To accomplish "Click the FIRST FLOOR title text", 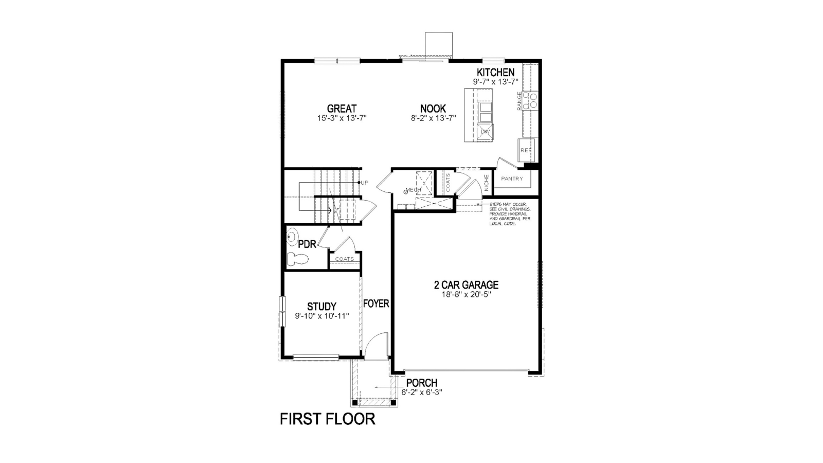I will coord(327,419).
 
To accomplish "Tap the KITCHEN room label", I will coord(495,73).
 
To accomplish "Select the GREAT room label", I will coord(342,109).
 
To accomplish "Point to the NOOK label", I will coord(433,109).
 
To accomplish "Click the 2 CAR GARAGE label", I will coord(466,285).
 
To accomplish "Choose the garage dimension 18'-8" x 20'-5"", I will coord(466,295).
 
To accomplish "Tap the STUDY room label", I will coord(322,307).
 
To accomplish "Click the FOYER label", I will coord(376,304).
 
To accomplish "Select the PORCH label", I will coord(422,383).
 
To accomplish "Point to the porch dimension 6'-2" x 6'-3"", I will coord(422,393).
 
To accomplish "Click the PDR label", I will coord(307,244).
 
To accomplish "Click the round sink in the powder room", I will coord(292,237).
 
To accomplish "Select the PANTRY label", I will coord(512,179).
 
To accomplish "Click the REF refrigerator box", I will coord(526,150).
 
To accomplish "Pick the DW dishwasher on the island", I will coord(485,132).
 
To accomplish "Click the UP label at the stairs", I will coord(365,183).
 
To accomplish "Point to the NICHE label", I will coord(487,183).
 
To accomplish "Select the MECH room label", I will coord(414,190).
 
